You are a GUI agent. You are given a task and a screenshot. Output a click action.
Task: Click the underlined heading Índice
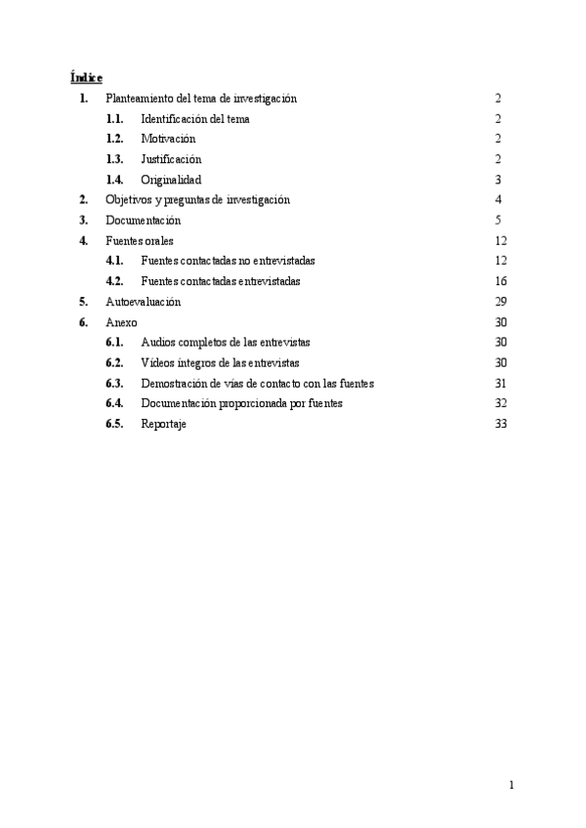click(x=87, y=77)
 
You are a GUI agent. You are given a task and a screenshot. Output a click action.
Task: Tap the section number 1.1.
click(x=114, y=119)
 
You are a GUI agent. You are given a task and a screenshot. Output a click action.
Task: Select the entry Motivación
click(x=168, y=140)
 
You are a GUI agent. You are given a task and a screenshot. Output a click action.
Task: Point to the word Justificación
click(x=171, y=159)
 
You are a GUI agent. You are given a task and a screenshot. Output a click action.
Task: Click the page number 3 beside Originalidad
click(x=498, y=180)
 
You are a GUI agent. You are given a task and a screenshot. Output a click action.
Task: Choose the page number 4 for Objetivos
click(x=498, y=200)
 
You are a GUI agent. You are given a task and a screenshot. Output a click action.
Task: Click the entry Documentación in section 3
click(x=143, y=221)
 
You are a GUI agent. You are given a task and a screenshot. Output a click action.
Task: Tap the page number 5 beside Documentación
click(x=498, y=221)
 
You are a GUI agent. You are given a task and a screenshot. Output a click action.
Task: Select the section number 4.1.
click(x=114, y=261)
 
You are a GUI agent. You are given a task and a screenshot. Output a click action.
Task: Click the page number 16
click(x=501, y=281)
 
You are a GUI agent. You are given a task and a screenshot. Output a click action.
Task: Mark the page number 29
click(x=501, y=302)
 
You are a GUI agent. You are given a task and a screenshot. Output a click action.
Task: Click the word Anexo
click(x=121, y=322)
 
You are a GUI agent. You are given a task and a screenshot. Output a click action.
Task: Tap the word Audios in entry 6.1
click(x=158, y=343)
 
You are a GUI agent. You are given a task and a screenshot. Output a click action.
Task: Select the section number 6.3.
click(x=114, y=383)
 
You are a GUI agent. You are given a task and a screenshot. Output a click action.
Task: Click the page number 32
click(x=501, y=403)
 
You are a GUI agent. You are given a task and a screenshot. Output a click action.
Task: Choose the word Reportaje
click(x=163, y=424)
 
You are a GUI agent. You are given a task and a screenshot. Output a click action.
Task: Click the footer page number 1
click(x=511, y=784)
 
